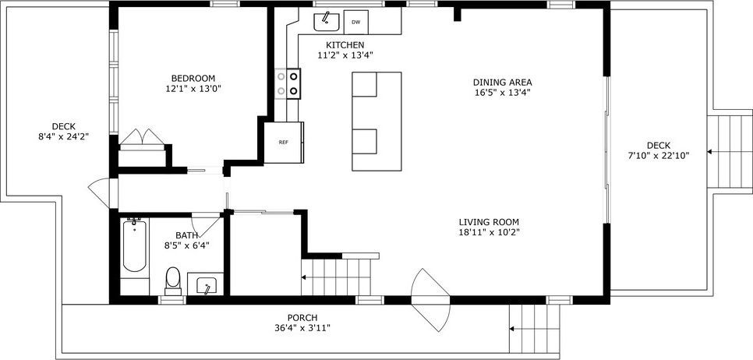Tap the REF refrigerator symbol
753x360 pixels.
pos(283,143)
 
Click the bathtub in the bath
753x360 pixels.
pos(134,245)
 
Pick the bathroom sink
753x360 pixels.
pos(207,285)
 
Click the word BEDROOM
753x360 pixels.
pos(193,78)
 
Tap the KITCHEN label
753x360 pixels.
pos(345,44)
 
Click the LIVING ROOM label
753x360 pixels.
pos(489,221)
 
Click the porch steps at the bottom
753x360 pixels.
pos(535,327)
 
